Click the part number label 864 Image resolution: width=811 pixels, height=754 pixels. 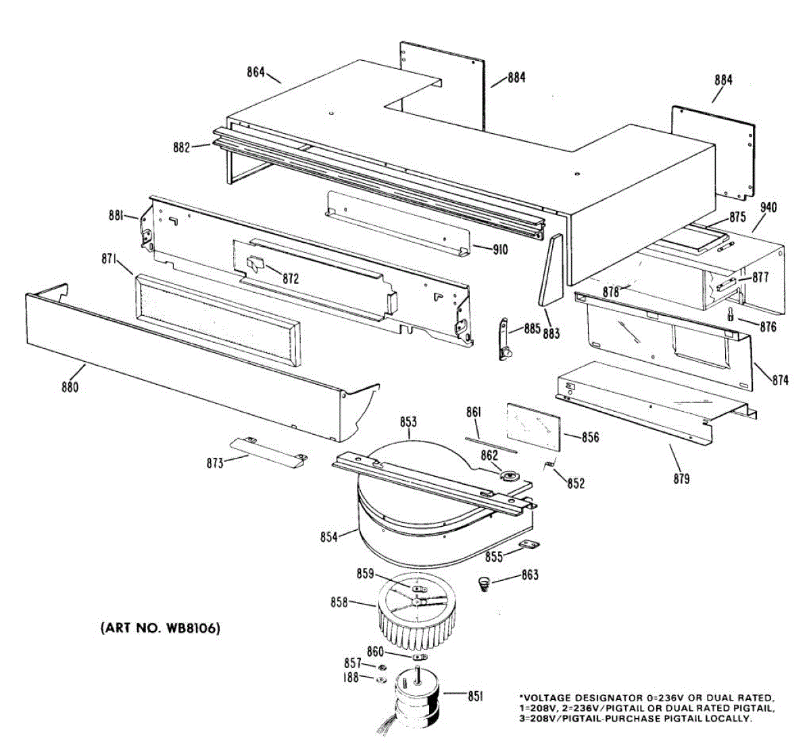pyautogui.click(x=255, y=72)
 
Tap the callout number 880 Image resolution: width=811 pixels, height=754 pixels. pyautogui.click(x=70, y=387)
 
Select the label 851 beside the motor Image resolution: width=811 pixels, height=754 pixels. pyautogui.click(x=475, y=696)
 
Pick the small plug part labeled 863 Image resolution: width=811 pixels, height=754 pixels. pyautogui.click(x=484, y=583)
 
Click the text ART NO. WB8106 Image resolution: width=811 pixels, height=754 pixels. pyautogui.click(x=160, y=628)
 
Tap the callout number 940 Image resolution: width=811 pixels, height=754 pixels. pyautogui.click(x=768, y=208)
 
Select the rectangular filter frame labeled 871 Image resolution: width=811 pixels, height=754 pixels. pyautogui.click(x=218, y=319)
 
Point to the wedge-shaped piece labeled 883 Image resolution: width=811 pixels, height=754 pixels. pyautogui.click(x=551, y=269)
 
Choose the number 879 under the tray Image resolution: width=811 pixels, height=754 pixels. pyautogui.click(x=681, y=479)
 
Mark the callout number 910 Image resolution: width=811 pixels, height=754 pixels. pyautogui.click(x=499, y=250)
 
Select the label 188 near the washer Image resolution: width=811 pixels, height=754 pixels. pyautogui.click(x=350, y=678)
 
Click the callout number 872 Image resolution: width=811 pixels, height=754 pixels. pyautogui.click(x=291, y=278)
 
